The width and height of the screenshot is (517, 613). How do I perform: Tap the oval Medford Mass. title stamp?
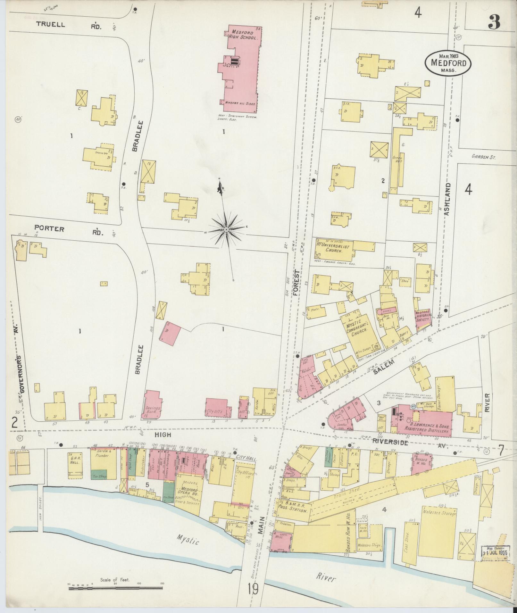448,63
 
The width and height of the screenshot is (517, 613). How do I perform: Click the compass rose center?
226,229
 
